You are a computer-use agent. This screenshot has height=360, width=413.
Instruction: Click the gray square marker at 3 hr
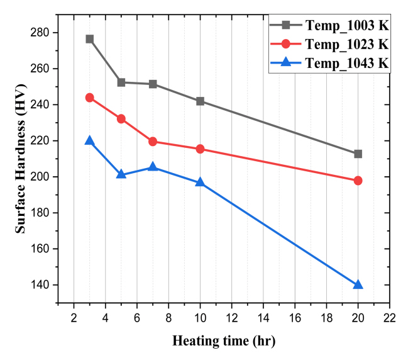(x=89, y=39)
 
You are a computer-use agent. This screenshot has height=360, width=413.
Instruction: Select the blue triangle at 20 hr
(x=358, y=284)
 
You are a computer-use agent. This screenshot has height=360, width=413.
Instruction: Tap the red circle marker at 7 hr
(x=153, y=142)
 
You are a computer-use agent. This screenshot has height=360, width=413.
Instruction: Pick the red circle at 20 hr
(x=358, y=181)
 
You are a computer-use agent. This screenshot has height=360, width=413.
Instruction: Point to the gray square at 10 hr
(x=200, y=101)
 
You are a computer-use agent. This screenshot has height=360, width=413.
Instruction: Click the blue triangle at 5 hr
(x=121, y=174)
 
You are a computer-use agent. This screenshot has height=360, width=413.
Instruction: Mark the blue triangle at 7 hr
(x=153, y=167)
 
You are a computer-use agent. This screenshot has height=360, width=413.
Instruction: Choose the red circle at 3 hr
(x=89, y=98)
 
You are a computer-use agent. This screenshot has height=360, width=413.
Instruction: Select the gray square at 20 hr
(x=358, y=154)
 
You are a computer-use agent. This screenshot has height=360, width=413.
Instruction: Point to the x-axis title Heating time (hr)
(x=224, y=341)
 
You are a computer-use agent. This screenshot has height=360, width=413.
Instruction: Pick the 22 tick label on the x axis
(x=390, y=317)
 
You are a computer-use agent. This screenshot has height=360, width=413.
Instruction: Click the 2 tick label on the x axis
(x=74, y=317)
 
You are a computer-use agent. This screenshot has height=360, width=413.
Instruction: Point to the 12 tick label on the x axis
(x=231, y=317)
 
